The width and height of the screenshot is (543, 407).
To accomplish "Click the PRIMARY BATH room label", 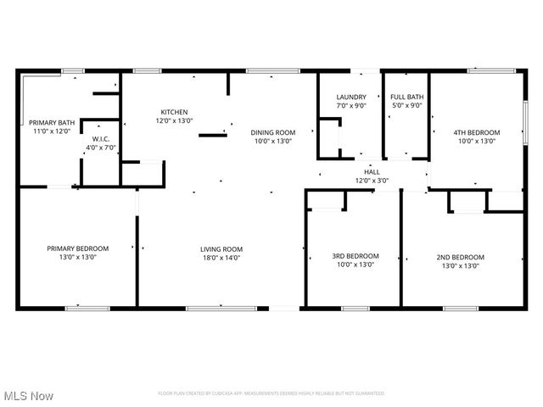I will coord(53,123).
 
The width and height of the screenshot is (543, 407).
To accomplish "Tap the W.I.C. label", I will coord(102,139).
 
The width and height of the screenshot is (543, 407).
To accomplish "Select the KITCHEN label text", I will coord(175,112).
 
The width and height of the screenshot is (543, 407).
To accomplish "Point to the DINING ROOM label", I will coord(272,132).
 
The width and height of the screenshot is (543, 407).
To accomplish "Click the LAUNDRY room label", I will coord(350,98).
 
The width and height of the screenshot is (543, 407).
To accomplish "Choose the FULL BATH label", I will coord(406,98).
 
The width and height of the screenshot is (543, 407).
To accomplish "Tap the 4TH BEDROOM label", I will coord(476,132).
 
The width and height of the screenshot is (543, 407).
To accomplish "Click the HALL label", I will coord(372,171).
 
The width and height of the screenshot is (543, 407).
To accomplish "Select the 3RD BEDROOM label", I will coord(355,256).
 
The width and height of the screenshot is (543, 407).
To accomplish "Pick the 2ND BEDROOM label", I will coord(461,257).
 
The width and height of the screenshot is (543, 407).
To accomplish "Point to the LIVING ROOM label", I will coord(221,248).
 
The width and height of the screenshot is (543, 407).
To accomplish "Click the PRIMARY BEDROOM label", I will coord(77,248).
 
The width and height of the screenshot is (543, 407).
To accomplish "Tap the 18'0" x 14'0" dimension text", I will coord(221,257).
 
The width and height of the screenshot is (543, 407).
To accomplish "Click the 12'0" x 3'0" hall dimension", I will coord(372,180).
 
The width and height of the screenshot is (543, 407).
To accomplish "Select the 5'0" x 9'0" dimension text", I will coord(406,106).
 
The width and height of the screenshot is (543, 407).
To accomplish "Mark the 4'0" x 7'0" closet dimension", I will coord(102,148).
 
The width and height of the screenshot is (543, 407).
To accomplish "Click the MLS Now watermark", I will coord(28,396).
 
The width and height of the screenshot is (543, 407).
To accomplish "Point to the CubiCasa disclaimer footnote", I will coord(271,393).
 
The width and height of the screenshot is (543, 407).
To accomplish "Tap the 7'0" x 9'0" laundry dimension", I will coord(350,106).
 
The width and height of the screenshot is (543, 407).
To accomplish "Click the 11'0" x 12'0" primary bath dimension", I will coord(53,131).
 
